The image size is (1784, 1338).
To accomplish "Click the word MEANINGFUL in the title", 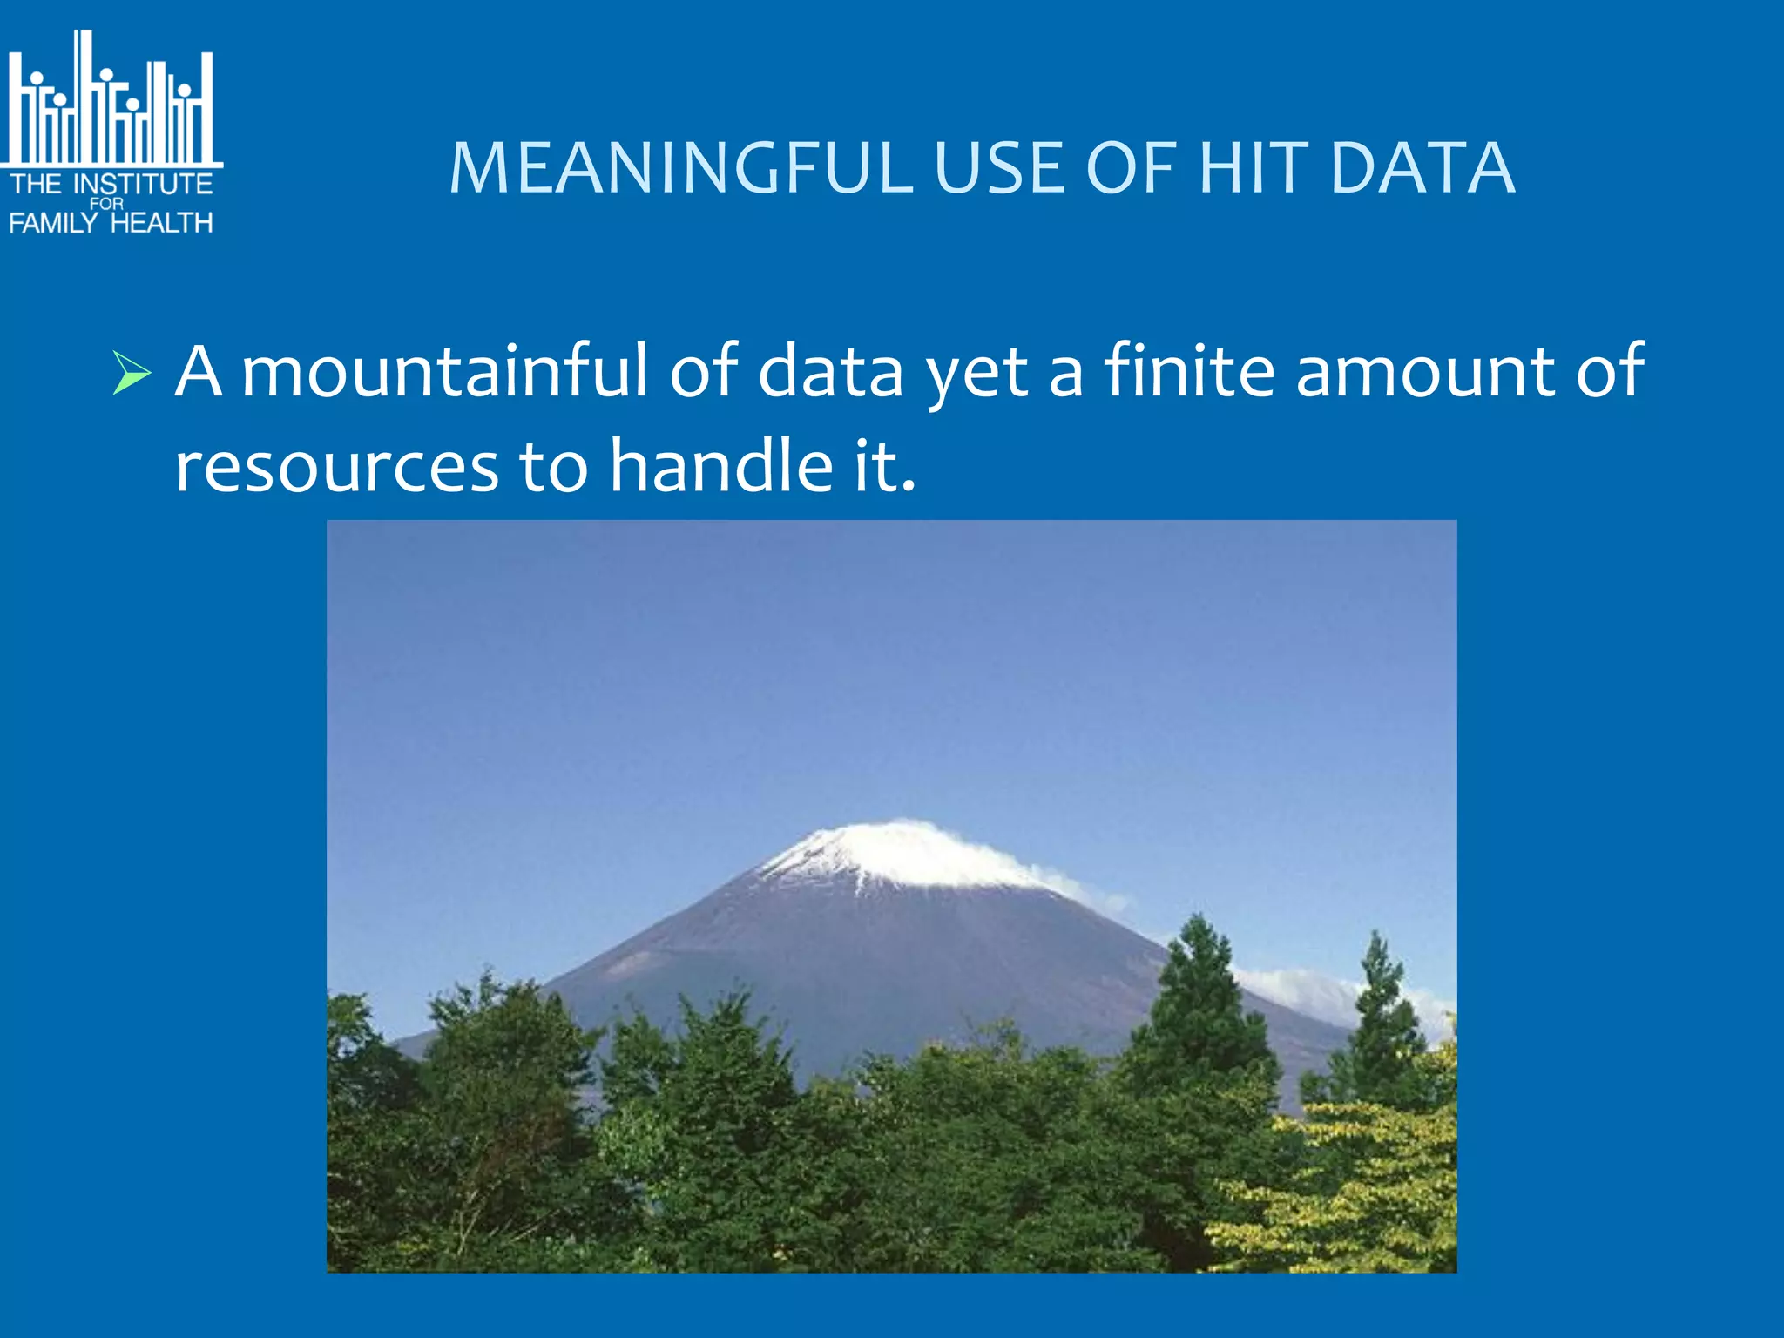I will [680, 168].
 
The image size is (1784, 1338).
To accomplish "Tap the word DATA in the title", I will [1422, 168].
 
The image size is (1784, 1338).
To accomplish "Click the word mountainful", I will [444, 372].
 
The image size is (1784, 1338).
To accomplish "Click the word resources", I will [336, 467].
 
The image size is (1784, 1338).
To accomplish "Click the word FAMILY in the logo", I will [52, 223].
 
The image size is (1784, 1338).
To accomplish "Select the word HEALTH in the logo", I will [162, 223].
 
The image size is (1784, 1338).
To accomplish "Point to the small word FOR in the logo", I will [107, 204].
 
